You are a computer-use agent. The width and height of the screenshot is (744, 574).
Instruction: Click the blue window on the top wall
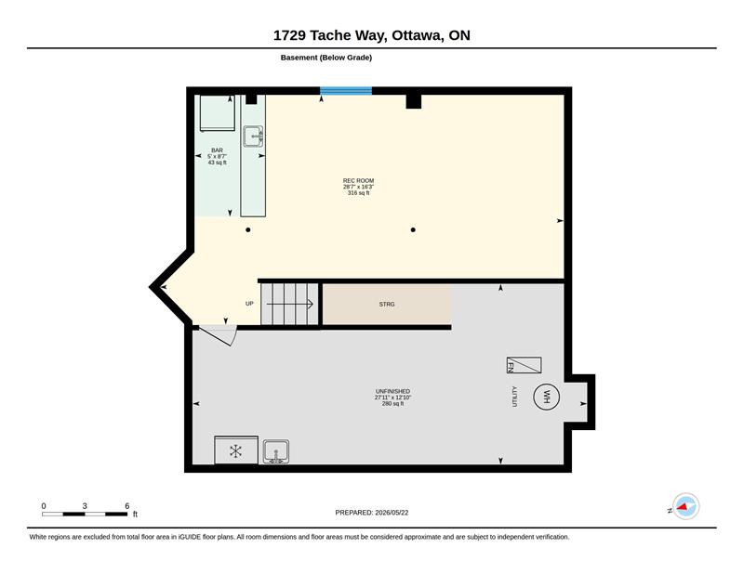(x=346, y=91)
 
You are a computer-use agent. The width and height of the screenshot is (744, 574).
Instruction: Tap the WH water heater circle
(x=546, y=397)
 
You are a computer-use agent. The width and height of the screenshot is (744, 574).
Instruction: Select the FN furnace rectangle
(x=524, y=365)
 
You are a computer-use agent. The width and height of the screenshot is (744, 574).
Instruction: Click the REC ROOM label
(x=358, y=180)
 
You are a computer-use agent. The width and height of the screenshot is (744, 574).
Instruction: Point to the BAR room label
(x=217, y=150)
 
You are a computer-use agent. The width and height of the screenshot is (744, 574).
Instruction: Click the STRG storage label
(x=387, y=305)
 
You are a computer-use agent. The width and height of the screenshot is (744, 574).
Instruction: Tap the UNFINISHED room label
(x=392, y=392)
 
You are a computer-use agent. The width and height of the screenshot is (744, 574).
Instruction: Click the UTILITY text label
(x=515, y=397)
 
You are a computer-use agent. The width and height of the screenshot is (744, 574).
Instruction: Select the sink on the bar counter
(x=253, y=137)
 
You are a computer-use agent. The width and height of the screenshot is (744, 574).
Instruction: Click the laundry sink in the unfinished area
(x=275, y=451)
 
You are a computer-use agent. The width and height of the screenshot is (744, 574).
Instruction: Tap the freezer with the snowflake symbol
(x=236, y=450)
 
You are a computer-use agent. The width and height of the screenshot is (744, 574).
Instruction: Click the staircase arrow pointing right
(x=289, y=304)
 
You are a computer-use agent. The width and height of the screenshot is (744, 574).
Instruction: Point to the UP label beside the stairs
(x=249, y=304)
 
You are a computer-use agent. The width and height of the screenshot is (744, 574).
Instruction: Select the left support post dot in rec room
(x=247, y=230)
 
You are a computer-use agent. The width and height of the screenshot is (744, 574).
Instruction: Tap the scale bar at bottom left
(x=85, y=514)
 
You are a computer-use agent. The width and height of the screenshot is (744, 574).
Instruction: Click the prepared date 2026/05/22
(x=392, y=513)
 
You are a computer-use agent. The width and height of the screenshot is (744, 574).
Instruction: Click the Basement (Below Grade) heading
(x=326, y=58)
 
